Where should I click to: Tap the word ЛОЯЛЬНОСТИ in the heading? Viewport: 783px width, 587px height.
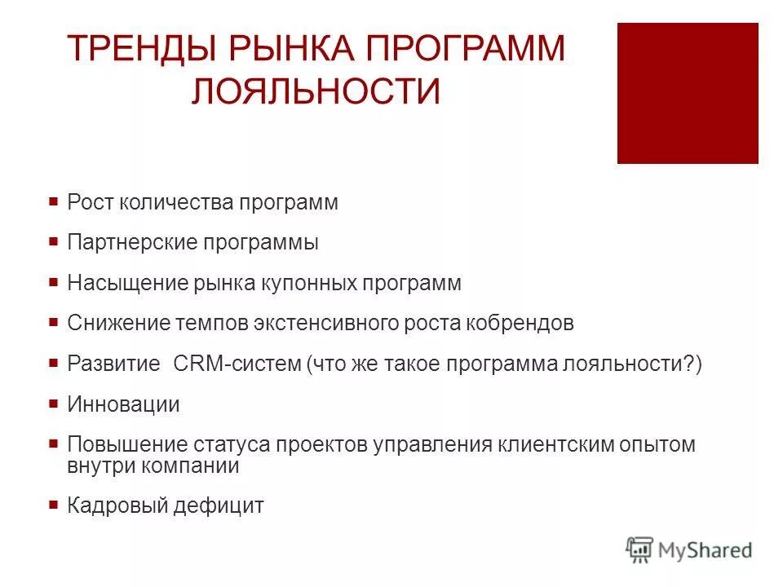tap(316, 90)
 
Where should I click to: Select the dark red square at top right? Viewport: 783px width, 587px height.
tap(688, 93)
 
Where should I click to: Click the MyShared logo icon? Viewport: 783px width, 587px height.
tap(640, 549)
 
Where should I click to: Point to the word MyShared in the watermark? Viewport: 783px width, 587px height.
tap(706, 550)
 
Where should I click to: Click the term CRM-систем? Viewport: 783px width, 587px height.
tap(237, 364)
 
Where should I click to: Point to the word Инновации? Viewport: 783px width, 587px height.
tap(123, 404)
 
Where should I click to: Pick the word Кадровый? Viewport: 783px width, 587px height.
tap(117, 506)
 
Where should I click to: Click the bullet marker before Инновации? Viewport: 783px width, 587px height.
tap(53, 404)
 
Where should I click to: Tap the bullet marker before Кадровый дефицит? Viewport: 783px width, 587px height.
tap(53, 505)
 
